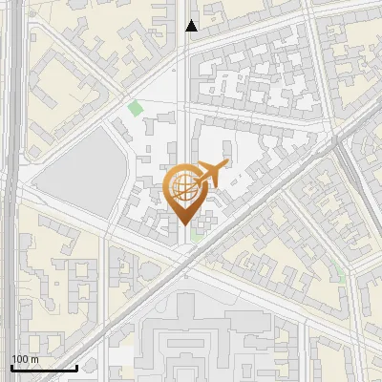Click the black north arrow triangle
[x=192, y=26]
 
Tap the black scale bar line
[x=43, y=368]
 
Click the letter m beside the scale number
[x=34, y=359]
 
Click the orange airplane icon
[x=212, y=174]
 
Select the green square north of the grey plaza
[x=136, y=108]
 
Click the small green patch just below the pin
[x=197, y=234]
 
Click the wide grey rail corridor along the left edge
[x=10, y=191]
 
